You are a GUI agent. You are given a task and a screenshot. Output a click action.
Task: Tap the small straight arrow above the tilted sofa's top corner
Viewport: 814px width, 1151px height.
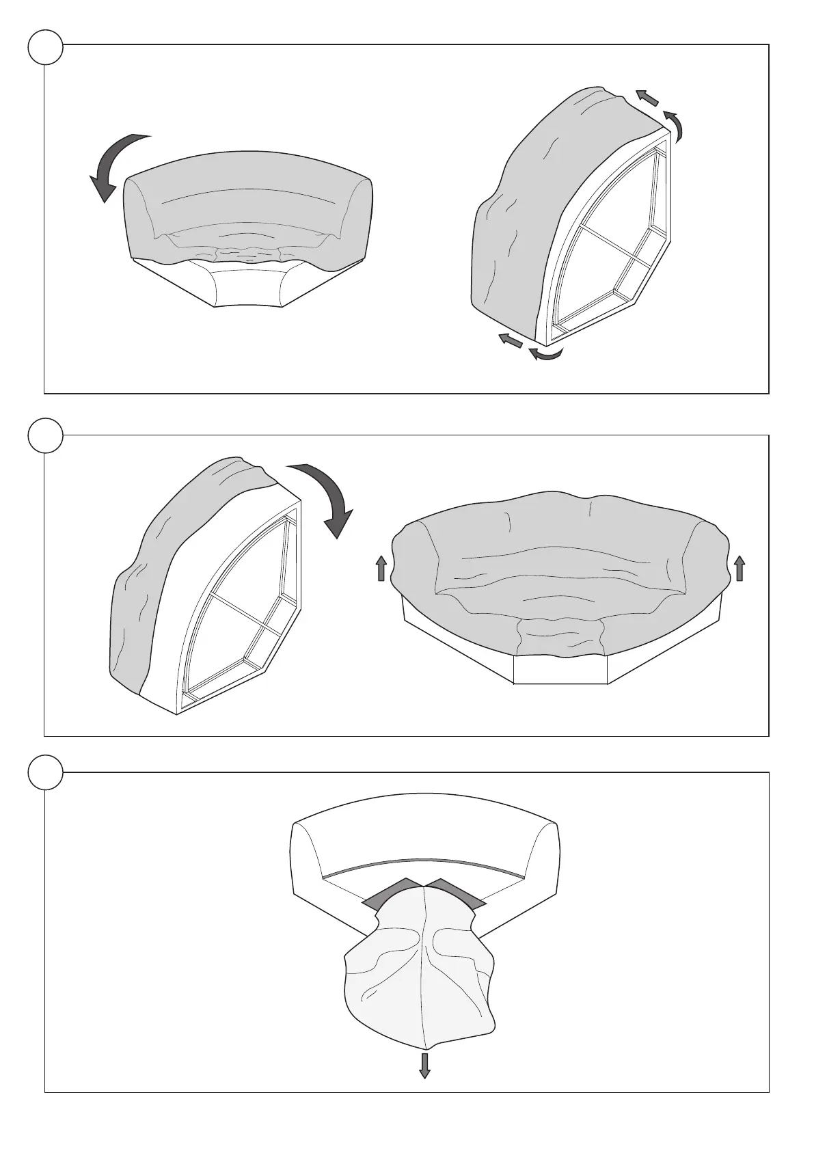(x=647, y=98)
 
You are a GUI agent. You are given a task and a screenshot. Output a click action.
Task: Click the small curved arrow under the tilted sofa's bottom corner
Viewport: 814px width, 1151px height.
(x=547, y=353)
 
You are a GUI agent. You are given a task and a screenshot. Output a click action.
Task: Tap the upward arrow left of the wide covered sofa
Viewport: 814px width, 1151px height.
(x=381, y=568)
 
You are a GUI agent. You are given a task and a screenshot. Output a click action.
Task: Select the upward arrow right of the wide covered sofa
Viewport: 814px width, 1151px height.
(x=739, y=568)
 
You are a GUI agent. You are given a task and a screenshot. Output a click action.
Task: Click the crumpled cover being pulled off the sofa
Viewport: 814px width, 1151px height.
(x=420, y=971)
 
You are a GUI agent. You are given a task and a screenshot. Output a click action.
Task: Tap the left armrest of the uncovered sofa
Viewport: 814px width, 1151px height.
(x=308, y=854)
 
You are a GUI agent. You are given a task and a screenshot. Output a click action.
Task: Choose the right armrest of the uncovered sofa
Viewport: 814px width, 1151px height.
(x=543, y=854)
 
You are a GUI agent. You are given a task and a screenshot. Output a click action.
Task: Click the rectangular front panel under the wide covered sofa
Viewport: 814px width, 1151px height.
(x=560, y=670)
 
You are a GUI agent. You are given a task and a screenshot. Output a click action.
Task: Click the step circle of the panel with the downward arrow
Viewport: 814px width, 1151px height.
(x=46, y=773)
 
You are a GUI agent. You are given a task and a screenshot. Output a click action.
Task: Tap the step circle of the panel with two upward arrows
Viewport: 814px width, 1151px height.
(x=46, y=435)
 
